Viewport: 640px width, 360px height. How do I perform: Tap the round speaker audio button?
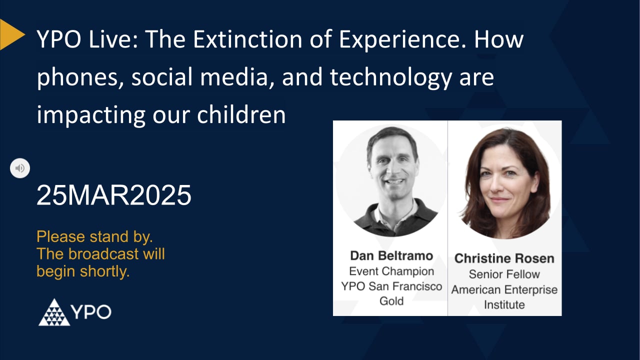[x=20, y=168]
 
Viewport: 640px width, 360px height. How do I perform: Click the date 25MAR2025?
[x=114, y=195]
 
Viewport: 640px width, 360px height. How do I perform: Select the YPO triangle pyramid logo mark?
[x=54, y=312]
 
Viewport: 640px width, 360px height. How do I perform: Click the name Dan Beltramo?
[x=391, y=255]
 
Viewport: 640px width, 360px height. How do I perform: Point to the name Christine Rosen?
[x=504, y=258]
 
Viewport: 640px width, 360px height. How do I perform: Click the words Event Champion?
[x=391, y=271]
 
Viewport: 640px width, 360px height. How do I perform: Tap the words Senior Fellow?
[x=504, y=274]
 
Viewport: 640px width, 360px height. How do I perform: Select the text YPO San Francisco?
[x=391, y=286]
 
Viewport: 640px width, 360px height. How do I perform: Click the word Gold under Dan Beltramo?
[x=391, y=301]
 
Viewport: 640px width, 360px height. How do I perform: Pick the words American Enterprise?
[x=504, y=289]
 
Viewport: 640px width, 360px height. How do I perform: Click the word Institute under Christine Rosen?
[x=504, y=304]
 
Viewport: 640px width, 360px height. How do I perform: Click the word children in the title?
[x=241, y=115]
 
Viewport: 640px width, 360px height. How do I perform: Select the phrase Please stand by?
[x=94, y=236]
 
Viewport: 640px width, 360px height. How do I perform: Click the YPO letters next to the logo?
[x=91, y=312]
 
